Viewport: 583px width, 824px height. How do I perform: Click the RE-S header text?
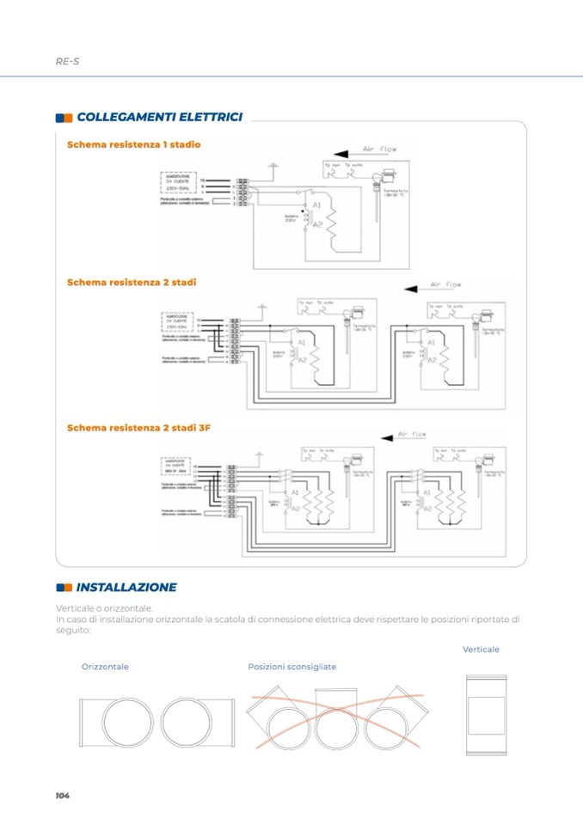pos(67,61)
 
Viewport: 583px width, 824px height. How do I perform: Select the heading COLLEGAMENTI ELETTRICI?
pos(159,117)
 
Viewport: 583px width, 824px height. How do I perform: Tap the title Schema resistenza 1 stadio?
pos(133,144)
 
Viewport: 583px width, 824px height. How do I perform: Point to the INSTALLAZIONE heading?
pos(126,588)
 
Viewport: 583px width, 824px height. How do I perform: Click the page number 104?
pos(62,796)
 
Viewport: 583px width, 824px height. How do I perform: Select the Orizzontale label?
pos(105,667)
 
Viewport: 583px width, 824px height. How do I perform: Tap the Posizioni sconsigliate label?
pos(291,667)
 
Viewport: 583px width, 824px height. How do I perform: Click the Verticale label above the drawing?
pos(481,650)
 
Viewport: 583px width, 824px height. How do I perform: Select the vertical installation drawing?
pos(486,715)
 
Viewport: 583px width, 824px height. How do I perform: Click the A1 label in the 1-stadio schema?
pos(316,206)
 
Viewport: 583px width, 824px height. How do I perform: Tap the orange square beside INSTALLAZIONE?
pos(59,588)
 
